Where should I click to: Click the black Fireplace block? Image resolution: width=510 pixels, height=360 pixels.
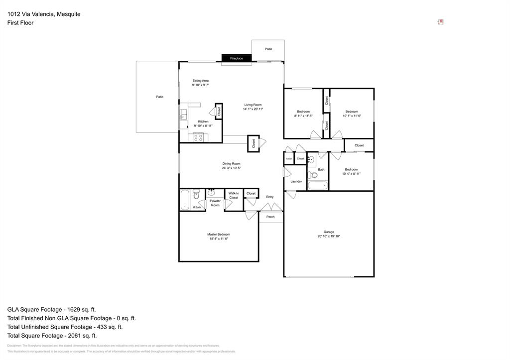click(x=237, y=58)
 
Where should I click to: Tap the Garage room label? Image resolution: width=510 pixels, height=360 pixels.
click(x=329, y=232)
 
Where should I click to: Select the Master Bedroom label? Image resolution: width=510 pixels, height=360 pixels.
click(x=219, y=234)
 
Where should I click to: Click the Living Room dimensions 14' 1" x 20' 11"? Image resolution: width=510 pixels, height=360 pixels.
click(x=253, y=109)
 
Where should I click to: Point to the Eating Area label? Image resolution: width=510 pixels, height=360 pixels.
click(x=200, y=81)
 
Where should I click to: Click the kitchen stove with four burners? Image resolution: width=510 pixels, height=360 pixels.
click(x=198, y=137)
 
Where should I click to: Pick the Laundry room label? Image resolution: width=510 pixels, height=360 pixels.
click(x=296, y=181)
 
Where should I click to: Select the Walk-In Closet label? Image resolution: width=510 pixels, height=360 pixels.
click(x=234, y=195)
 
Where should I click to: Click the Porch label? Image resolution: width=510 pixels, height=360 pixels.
click(x=270, y=217)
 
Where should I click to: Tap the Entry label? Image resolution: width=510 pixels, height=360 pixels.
click(x=269, y=197)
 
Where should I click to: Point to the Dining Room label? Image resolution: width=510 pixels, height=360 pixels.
click(x=231, y=164)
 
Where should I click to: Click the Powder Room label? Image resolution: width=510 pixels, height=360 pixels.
click(x=215, y=203)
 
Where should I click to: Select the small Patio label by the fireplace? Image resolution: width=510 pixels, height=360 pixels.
click(x=268, y=49)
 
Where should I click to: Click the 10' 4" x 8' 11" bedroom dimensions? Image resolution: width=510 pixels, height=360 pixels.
click(x=351, y=174)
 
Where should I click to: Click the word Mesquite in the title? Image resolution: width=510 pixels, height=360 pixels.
click(x=68, y=14)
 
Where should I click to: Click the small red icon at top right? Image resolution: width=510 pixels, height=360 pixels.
click(x=440, y=22)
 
